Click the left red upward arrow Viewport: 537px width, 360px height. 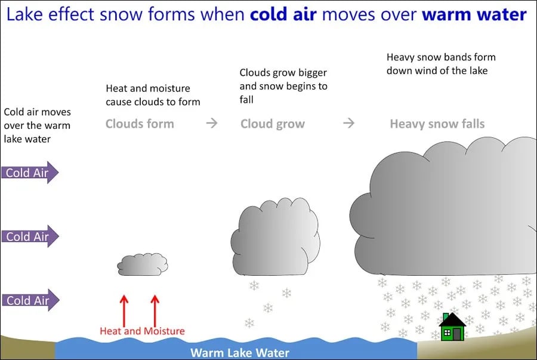pos(124,309)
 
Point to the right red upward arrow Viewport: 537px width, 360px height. pos(155,309)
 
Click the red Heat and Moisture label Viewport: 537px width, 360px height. pos(142,331)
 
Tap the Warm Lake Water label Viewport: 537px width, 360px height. pos(239,352)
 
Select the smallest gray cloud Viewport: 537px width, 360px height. pos(142,264)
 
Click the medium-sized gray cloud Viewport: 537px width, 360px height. pos(275,236)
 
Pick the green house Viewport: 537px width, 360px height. pos(452,328)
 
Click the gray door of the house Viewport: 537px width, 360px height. pos(457,334)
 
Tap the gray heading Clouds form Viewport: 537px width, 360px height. pos(140,124)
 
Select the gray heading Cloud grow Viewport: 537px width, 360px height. pos(273,124)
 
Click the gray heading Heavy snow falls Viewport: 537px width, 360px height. pos(437,124)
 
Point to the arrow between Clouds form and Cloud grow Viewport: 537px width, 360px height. pos(212,124)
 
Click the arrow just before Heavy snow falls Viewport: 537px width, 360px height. pos(349,124)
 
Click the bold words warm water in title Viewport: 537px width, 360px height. pos(474,14)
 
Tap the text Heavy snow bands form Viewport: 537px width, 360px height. pos(441,57)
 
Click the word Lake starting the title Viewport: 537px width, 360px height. pos(25,14)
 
